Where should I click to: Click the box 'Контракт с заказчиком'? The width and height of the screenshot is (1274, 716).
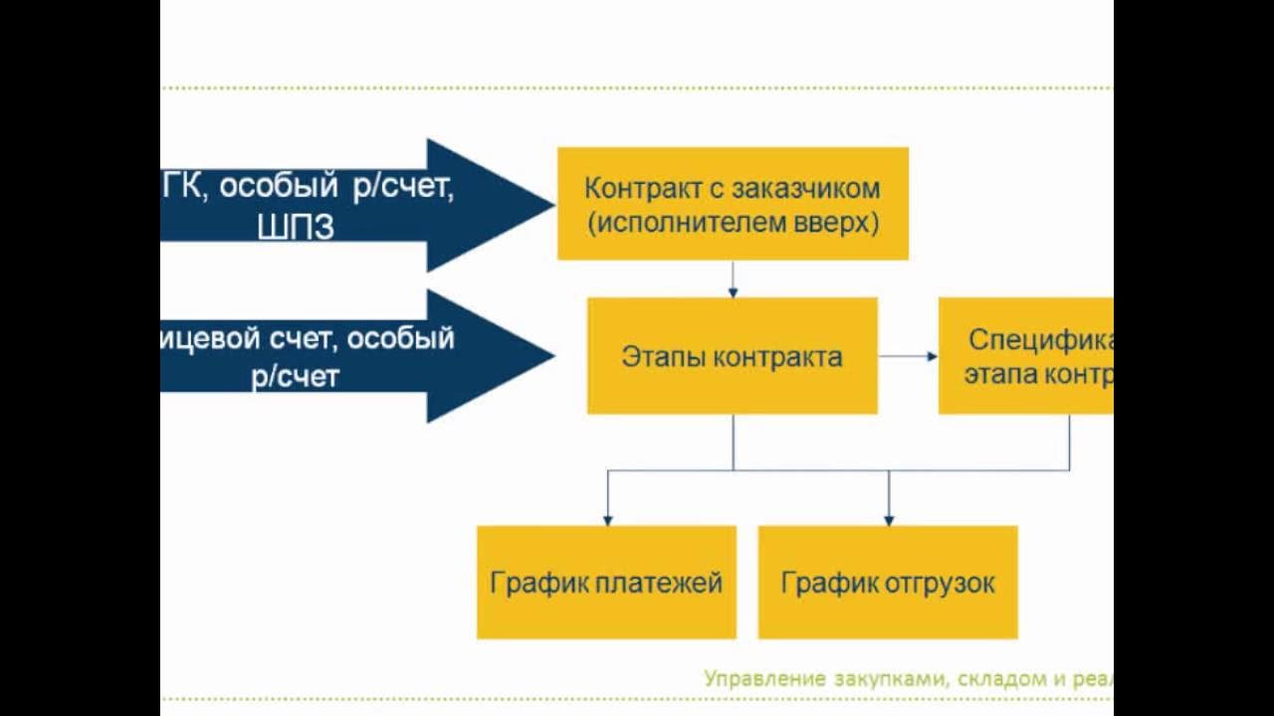[732, 203]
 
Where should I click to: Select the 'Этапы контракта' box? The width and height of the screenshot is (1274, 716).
[732, 355]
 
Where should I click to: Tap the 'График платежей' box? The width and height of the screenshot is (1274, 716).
[606, 582]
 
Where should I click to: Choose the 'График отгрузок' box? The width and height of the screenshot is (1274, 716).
[888, 582]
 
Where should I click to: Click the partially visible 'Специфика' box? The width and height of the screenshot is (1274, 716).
[1025, 355]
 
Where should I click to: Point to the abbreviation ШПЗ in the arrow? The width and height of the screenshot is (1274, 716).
[296, 228]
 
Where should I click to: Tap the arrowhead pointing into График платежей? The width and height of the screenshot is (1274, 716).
[607, 519]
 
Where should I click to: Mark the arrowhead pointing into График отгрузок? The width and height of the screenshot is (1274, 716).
[889, 519]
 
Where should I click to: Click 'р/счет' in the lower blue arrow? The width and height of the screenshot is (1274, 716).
[296, 377]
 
